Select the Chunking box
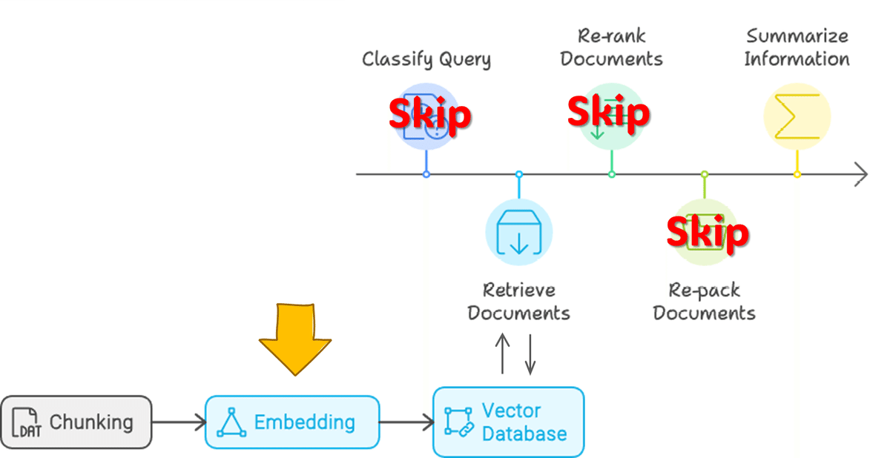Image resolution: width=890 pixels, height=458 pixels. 76,422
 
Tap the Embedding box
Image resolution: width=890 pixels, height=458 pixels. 292,422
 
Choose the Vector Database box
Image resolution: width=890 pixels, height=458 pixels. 509,422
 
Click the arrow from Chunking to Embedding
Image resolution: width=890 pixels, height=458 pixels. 179,422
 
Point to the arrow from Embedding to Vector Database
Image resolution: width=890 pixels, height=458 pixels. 406,422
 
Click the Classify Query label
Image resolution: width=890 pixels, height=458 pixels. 426,59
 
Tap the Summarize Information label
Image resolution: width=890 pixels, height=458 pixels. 797,47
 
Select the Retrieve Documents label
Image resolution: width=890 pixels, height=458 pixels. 519,302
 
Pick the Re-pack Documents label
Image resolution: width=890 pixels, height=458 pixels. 705,302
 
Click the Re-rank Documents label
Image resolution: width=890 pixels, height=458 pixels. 611,47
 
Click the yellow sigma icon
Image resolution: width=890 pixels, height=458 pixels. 797,116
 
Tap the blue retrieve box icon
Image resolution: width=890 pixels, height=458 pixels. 519,232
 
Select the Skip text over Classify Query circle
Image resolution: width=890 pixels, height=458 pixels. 430,114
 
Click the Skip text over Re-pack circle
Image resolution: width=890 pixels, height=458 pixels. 708,233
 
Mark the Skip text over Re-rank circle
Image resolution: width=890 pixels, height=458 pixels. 609,113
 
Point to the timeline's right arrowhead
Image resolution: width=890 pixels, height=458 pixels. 867,174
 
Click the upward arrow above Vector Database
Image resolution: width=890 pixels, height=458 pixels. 503,354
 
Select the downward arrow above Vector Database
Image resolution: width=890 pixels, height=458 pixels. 530,354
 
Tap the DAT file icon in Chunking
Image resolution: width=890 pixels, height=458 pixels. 26,422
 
